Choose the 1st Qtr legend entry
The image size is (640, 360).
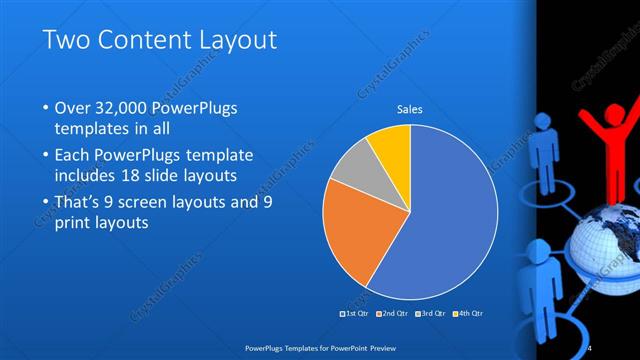pos(355,313)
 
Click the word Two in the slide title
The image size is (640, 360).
pos(63,40)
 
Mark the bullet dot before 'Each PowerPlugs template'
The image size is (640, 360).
pos(47,157)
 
